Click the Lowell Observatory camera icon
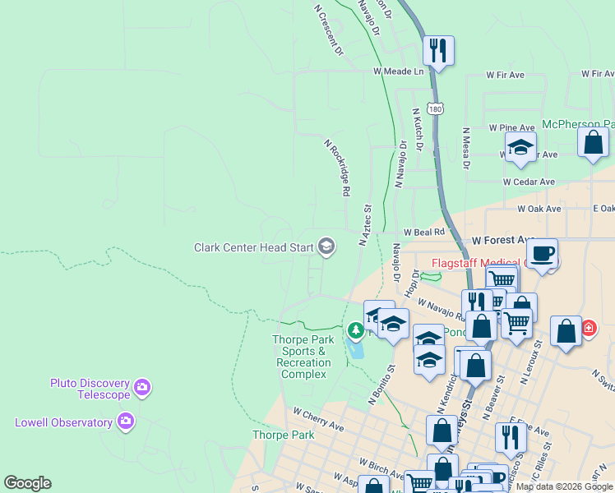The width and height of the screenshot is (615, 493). [x=126, y=422]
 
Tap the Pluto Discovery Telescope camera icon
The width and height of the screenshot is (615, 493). [x=142, y=387]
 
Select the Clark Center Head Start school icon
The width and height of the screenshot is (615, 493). [x=326, y=246]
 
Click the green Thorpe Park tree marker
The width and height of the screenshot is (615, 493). [x=355, y=330]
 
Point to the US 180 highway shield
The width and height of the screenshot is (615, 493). [x=435, y=108]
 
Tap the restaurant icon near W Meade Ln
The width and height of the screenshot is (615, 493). [x=438, y=50]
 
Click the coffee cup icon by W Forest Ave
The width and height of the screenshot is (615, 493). [x=542, y=253]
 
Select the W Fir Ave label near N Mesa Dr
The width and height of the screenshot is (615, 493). [x=505, y=75]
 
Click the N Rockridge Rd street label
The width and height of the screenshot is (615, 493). [x=337, y=168]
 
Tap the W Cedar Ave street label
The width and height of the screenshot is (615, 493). [x=529, y=182]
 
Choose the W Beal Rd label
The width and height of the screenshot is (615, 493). [x=423, y=233]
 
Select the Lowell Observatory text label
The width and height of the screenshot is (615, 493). [x=63, y=422]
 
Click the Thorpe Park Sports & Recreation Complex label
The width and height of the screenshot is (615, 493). [x=303, y=357]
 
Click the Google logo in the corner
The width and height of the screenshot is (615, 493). [x=27, y=483]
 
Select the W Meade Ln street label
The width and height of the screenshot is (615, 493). [x=398, y=71]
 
